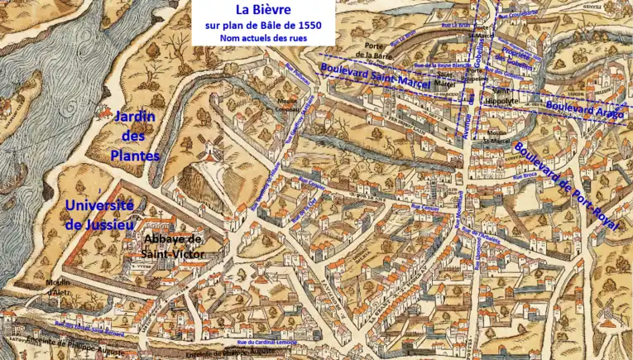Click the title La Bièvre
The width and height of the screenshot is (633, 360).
tap(263, 11)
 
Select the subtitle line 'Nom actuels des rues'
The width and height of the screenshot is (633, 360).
tap(263, 38)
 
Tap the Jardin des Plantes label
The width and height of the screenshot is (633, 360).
tap(135, 137)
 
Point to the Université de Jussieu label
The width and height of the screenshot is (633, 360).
tap(98, 214)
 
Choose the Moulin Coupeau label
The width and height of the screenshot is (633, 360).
tap(286, 105)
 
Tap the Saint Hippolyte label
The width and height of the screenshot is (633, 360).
tap(505, 95)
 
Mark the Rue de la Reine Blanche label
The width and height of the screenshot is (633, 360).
tap(442, 65)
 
